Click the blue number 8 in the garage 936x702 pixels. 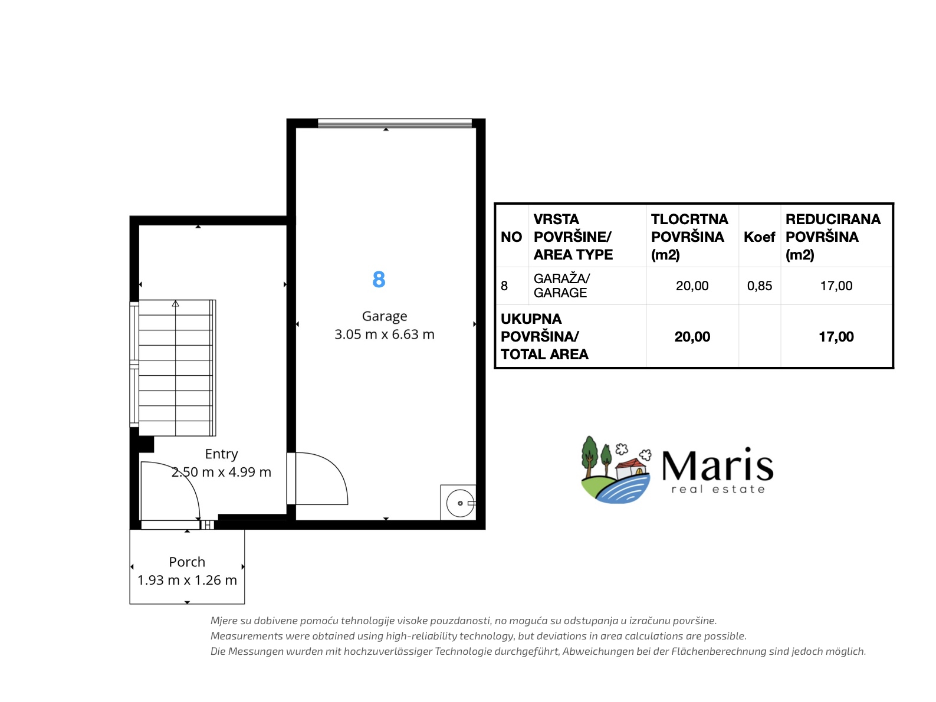tap(378, 280)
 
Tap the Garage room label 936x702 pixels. tap(384, 316)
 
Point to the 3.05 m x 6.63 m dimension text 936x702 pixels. tap(384, 334)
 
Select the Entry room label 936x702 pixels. tap(221, 454)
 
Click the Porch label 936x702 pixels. tap(187, 562)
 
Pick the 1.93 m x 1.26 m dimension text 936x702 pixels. tap(187, 580)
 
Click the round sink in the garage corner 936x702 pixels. tap(460, 503)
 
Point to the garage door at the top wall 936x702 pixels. tap(395, 123)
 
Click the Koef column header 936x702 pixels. tap(759, 237)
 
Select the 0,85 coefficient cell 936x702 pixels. tap(760, 286)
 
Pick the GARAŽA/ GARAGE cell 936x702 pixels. tap(561, 286)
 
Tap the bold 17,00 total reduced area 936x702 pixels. tap(836, 337)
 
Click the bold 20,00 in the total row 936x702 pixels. tap(692, 337)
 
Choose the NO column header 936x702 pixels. tap(511, 237)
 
